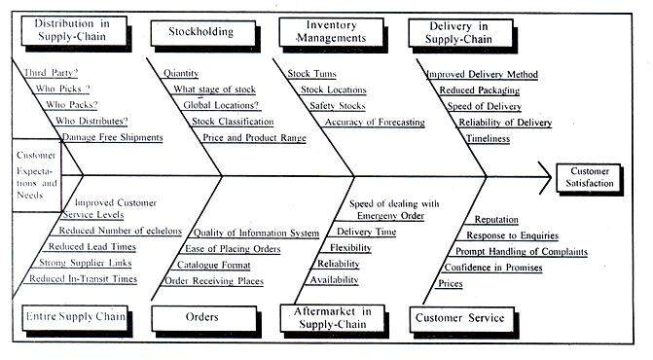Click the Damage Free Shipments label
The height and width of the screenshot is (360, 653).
coord(112,137)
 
